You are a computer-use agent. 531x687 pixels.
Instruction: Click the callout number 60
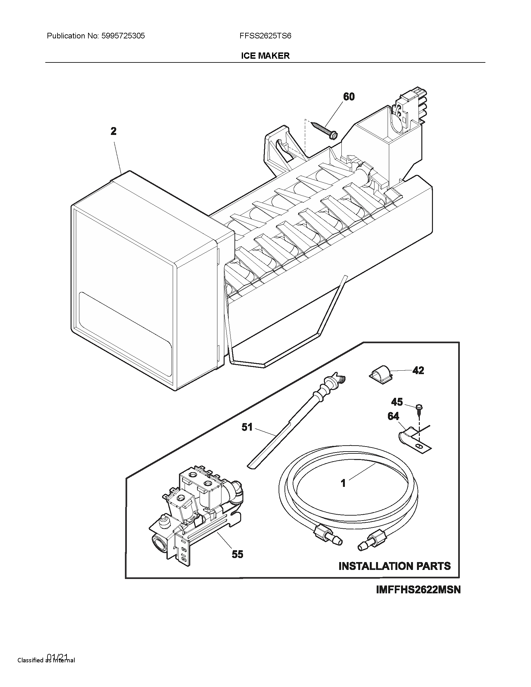click(349, 96)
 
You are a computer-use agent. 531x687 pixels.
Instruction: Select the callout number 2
click(114, 131)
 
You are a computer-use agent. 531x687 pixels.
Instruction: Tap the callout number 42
click(418, 370)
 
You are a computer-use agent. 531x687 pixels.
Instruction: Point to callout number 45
click(397, 402)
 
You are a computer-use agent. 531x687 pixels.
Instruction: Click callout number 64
click(393, 416)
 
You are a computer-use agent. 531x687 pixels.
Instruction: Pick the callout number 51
click(247, 427)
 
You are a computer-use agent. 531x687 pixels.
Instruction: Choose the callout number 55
click(237, 554)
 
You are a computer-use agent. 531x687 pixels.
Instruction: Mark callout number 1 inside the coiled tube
click(343, 483)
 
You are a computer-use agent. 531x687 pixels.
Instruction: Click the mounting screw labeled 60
click(324, 130)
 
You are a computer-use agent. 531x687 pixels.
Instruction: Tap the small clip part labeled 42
click(380, 373)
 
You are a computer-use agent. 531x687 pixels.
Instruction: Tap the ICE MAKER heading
click(265, 56)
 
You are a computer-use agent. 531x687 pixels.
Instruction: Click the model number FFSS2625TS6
click(265, 36)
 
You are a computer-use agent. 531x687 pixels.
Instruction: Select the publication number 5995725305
click(123, 36)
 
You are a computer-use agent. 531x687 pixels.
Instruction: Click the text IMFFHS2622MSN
click(418, 590)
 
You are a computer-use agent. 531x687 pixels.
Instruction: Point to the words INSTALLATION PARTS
click(395, 566)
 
